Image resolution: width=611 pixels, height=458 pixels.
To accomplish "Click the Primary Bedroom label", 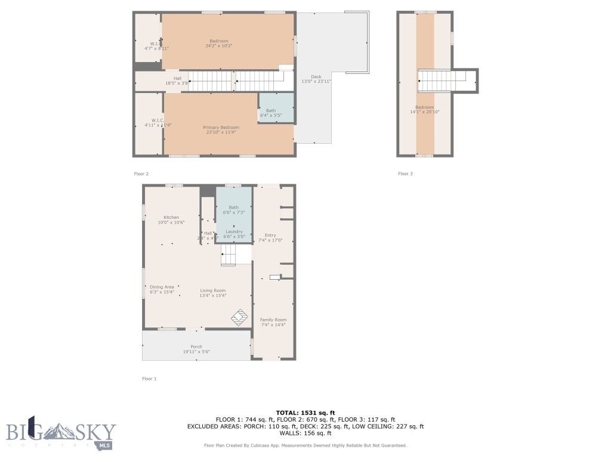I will coord(221,128).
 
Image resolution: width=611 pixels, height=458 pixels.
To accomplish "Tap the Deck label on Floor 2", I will coord(316,77).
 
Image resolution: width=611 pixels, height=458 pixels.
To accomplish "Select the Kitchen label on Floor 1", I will coord(171,218).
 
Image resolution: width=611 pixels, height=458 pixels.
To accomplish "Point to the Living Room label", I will coord(212,291).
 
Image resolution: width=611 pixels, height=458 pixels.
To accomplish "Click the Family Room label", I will coord(273,320).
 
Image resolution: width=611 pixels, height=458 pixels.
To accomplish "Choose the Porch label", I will coord(196,347).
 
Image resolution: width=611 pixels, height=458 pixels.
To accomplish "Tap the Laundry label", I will coord(233,231).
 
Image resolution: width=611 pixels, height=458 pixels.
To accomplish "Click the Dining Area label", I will coord(162,287).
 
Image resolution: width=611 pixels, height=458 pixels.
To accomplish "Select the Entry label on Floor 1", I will coord(270,236).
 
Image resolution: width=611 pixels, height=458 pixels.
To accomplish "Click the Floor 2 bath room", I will coord(276,108).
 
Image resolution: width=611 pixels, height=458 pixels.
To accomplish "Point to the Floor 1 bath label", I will coord(233,208).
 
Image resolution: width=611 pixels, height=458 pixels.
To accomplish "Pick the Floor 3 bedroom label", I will coord(425,107).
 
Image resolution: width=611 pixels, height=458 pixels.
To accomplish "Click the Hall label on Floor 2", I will coord(177,78).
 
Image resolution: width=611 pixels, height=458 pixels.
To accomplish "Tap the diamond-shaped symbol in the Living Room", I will coord(240,317).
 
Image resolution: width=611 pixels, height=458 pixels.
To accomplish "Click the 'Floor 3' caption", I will coord(405,174).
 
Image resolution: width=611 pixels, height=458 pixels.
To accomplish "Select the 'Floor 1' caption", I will coord(149,379).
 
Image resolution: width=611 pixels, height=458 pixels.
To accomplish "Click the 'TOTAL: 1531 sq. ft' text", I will coord(305,413).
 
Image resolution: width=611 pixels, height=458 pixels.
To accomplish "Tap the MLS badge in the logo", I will coord(105,445).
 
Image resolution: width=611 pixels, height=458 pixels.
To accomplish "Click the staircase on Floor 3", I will coord(441,81).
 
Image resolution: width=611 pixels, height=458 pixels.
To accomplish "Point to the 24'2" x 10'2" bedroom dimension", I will coord(218,46).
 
